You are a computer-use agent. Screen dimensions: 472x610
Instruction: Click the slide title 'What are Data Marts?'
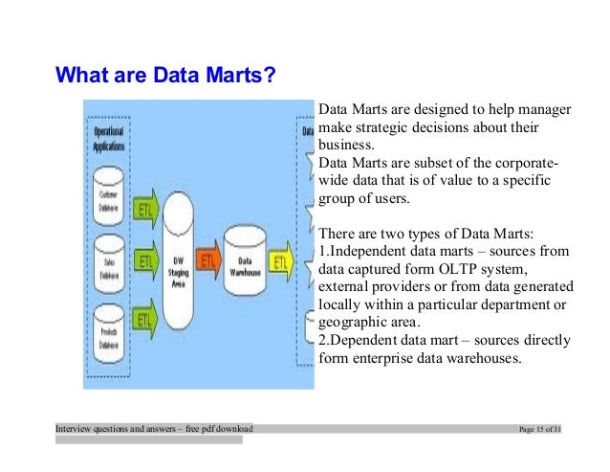165,74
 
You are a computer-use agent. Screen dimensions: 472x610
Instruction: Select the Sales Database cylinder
109,259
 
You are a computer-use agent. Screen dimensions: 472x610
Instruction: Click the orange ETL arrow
209,259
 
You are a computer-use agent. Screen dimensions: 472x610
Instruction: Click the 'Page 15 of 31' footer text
537,428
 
